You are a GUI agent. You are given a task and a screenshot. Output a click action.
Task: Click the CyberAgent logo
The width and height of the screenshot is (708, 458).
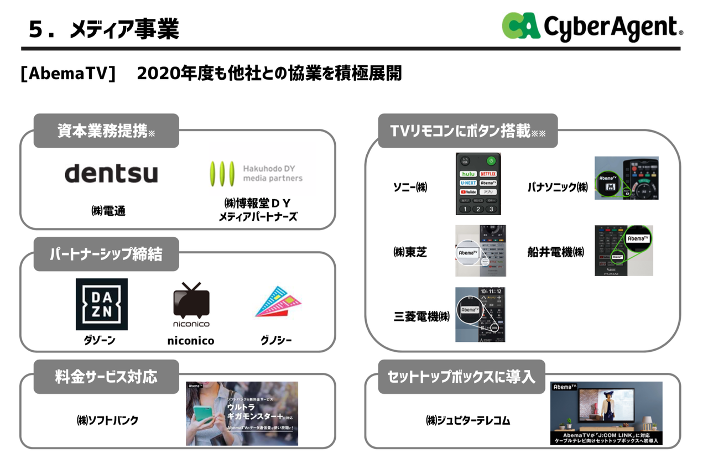tap(592, 26)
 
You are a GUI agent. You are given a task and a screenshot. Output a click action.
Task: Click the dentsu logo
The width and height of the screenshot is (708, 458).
tap(111, 173)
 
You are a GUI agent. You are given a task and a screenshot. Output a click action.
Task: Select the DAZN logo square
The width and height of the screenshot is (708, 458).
tap(102, 304)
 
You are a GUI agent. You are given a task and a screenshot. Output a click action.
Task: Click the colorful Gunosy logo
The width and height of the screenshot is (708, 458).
tap(278, 303)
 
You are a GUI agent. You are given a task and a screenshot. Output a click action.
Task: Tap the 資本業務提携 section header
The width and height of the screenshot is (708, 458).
tap(106, 131)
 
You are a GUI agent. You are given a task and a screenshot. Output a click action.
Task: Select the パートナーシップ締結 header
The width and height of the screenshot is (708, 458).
tap(106, 254)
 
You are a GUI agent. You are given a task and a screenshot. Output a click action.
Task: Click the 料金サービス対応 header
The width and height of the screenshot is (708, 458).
tap(106, 377)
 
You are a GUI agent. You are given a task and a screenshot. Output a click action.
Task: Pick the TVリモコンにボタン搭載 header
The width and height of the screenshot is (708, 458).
tap(467, 131)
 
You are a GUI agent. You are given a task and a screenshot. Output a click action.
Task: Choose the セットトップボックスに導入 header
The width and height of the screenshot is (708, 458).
tap(461, 377)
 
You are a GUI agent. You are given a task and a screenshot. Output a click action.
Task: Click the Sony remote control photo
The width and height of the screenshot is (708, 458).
tap(478, 184)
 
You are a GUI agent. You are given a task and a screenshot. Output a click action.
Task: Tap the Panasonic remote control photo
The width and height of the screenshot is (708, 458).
tap(626, 178)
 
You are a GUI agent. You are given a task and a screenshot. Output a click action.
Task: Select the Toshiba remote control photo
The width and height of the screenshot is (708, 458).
tap(480, 251)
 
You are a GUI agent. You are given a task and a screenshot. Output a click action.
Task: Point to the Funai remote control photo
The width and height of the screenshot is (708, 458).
tap(623, 251)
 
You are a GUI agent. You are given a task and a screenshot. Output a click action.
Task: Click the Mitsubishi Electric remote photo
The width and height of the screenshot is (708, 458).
tap(480, 314)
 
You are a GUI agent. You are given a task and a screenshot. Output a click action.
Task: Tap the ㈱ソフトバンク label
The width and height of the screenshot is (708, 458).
tap(107, 420)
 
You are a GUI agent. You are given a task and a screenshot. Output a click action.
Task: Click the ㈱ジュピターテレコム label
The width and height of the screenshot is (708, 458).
tap(468, 420)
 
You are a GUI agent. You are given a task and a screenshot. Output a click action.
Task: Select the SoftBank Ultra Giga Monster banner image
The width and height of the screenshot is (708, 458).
tap(242, 413)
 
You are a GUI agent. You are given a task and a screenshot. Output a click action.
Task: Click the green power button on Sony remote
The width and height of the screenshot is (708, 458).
tap(491, 161)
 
